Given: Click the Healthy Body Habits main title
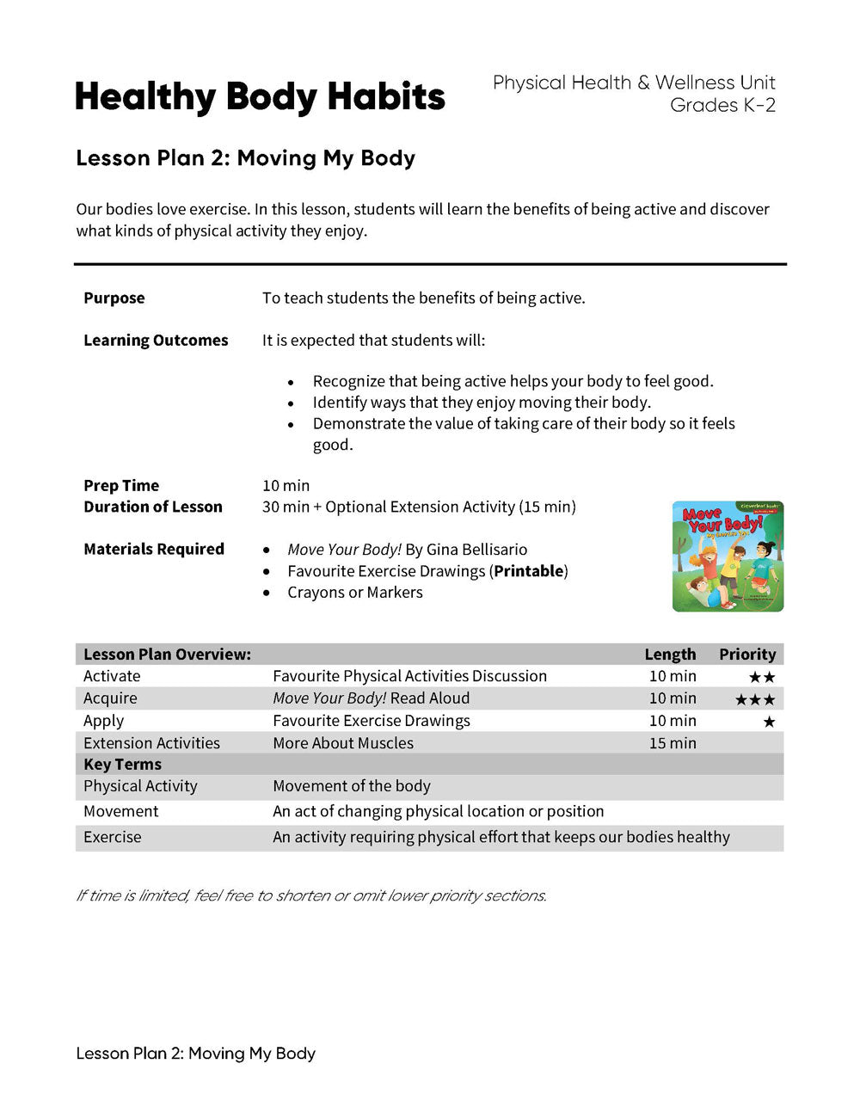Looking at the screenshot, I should (260, 97).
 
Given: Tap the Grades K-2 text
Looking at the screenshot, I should (722, 105).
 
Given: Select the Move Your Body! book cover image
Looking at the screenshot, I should (728, 556).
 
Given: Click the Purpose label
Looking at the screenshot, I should (114, 298).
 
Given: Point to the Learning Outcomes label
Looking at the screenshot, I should (156, 340).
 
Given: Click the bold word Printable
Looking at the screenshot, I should (529, 570).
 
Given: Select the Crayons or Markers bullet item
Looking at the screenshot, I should (354, 592).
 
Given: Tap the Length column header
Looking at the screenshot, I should (670, 654).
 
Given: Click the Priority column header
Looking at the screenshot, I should (746, 654).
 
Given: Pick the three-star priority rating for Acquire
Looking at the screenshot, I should (754, 699).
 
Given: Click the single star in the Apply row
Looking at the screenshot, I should (769, 722).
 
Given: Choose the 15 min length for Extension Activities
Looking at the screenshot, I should (673, 742).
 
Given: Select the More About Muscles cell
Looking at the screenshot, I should (343, 742).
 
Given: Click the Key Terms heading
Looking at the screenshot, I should (122, 764).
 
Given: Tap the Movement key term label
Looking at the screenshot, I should (121, 811).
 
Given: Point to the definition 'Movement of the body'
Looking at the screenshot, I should (352, 785).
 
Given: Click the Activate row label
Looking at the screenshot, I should (112, 676).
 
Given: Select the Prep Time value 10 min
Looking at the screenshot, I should (286, 485).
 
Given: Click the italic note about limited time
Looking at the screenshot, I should (311, 895).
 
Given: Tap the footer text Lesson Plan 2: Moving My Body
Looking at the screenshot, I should (196, 1053).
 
